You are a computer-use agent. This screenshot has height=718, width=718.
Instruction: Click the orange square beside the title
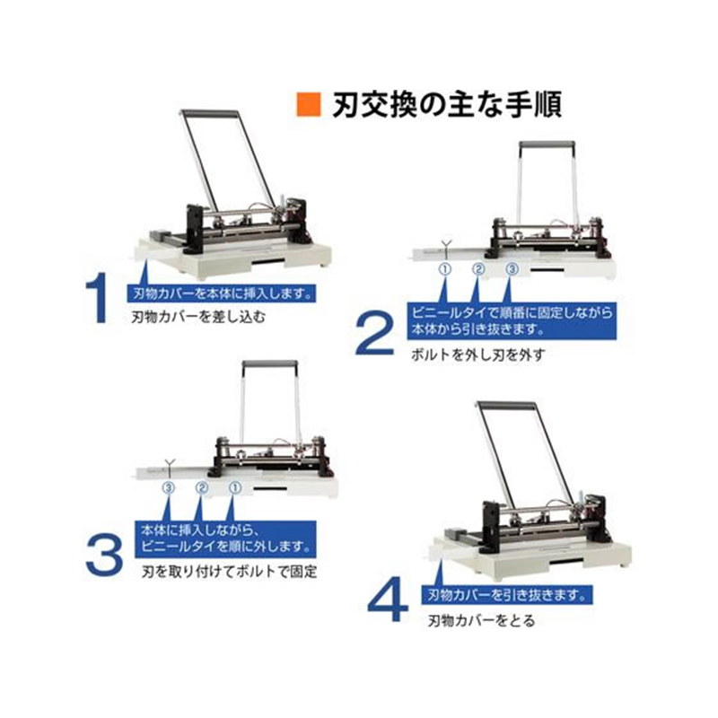click(x=308, y=104)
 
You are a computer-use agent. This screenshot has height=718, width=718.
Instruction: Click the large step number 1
click(x=98, y=298)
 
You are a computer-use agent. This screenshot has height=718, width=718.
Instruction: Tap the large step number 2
click(x=374, y=332)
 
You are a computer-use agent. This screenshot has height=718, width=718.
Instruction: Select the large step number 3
click(x=104, y=556)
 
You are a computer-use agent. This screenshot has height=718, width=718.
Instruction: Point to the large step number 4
click(x=388, y=599)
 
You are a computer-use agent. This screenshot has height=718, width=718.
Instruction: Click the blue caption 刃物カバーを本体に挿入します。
click(x=222, y=293)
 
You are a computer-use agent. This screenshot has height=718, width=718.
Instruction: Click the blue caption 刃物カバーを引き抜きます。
click(x=507, y=595)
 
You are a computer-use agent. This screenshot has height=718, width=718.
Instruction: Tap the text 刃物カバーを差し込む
click(x=198, y=317)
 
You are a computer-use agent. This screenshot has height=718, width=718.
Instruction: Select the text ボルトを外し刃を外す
click(x=478, y=355)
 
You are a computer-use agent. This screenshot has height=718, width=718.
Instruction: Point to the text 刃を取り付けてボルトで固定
click(x=229, y=572)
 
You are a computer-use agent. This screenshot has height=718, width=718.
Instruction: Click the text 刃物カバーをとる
click(x=481, y=620)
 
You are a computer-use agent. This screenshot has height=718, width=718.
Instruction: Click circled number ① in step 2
click(x=445, y=269)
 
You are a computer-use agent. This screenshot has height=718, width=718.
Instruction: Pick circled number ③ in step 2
click(x=512, y=269)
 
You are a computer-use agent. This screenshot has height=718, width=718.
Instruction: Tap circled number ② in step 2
click(x=478, y=269)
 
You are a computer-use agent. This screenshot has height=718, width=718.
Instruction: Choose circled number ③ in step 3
click(x=169, y=488)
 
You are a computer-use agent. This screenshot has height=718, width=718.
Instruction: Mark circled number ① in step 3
click(x=235, y=488)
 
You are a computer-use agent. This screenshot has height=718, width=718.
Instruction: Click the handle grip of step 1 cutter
click(x=209, y=113)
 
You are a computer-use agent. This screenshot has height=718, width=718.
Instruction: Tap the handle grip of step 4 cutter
click(x=506, y=406)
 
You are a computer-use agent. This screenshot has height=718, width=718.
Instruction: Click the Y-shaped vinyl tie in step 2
click(x=446, y=249)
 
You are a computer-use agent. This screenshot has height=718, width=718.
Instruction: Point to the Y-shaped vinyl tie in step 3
click(x=170, y=467)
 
